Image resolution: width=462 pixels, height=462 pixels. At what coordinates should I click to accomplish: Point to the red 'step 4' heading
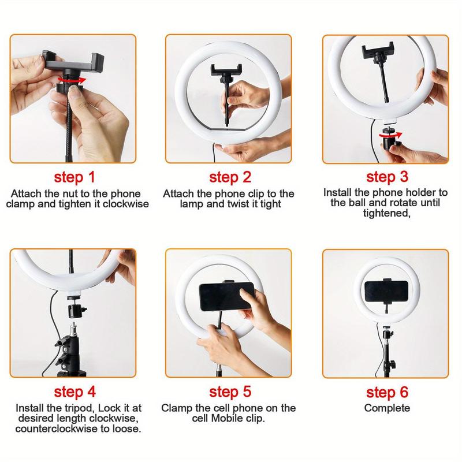[74, 393]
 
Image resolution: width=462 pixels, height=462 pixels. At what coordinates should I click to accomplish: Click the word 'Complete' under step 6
[387, 408]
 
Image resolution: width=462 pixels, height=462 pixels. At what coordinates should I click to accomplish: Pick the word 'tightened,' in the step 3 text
[386, 213]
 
